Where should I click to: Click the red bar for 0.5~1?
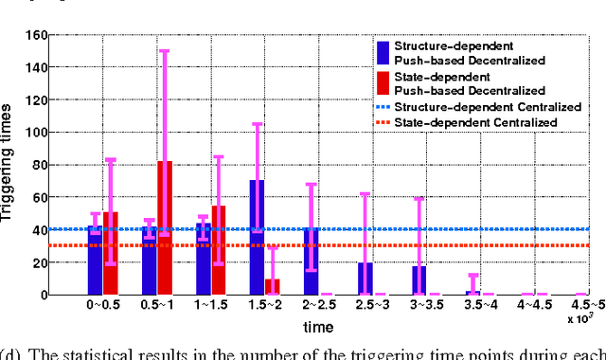point(165,227)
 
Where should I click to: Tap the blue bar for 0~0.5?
point(94,260)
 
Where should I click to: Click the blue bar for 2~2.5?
point(311,261)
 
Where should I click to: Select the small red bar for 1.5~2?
point(273,286)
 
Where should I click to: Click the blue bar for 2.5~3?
point(365,279)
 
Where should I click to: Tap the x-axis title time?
point(317,328)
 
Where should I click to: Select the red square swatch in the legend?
point(382,82)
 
